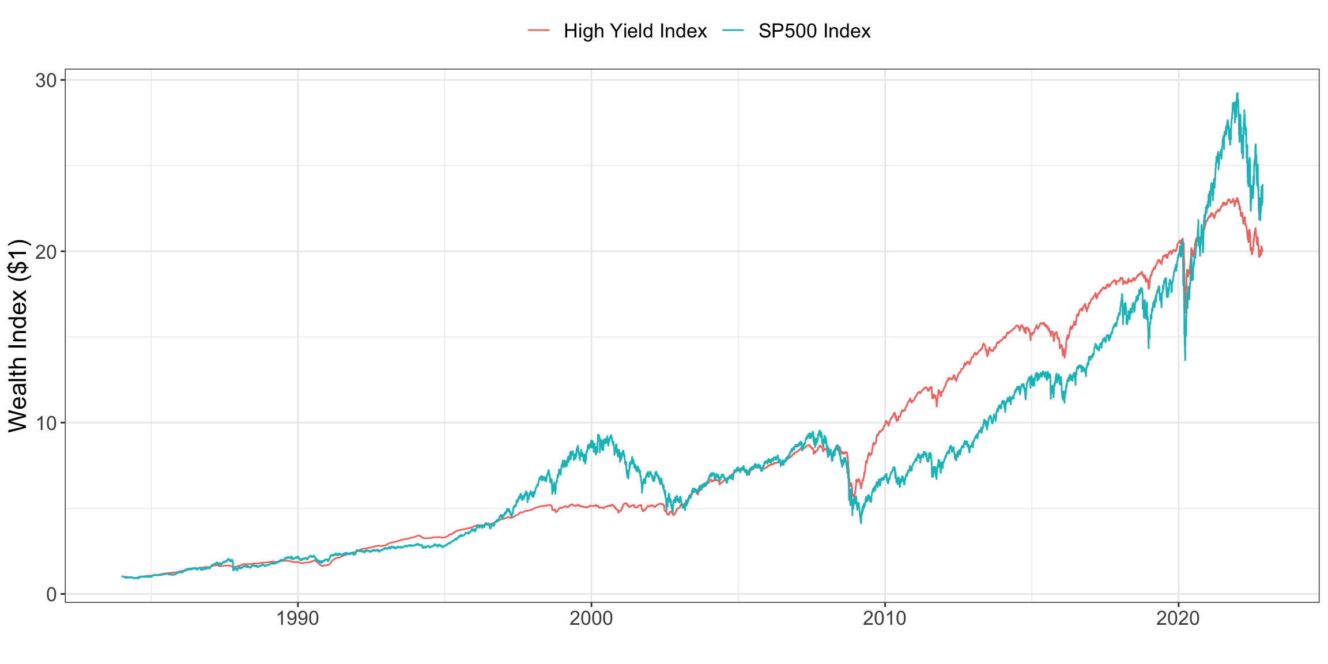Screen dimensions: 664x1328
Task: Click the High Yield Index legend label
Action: [x=635, y=31]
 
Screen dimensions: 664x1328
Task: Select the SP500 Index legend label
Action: [x=814, y=31]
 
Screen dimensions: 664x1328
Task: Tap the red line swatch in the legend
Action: [x=539, y=31]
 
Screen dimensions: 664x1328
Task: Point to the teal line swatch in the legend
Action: [x=733, y=31]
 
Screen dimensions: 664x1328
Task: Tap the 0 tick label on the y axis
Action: [x=52, y=594]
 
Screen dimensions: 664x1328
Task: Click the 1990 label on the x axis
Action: [x=297, y=619]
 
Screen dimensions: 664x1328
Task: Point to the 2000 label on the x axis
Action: [x=591, y=619]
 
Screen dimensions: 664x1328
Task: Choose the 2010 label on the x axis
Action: [x=884, y=619]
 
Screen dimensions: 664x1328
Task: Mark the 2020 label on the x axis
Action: [x=1178, y=619]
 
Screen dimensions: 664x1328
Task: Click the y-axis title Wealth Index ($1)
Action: [x=18, y=335]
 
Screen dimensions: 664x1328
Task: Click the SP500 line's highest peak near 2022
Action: [x=1237, y=93]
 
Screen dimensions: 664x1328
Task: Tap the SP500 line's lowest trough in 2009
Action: [x=861, y=523]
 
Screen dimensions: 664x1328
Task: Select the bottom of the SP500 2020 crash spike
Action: [x=1185, y=360]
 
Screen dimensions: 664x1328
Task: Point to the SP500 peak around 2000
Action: [x=598, y=435]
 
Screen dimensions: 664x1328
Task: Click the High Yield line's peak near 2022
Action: [x=1237, y=198]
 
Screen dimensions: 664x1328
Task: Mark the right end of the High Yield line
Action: [x=1262, y=251]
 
